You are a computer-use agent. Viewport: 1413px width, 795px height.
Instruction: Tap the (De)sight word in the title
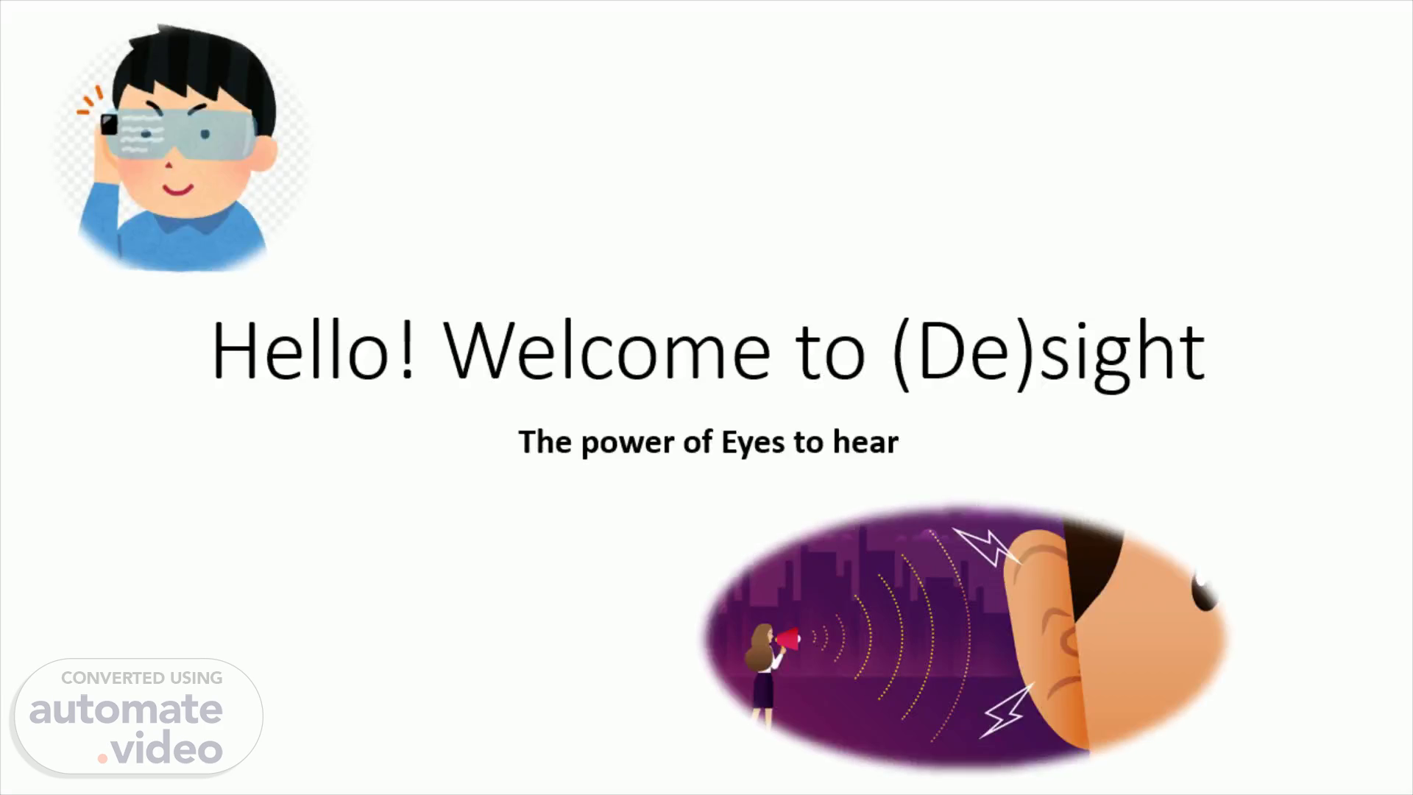[x=1048, y=355]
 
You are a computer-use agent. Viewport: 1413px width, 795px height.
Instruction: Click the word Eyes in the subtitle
[x=753, y=443]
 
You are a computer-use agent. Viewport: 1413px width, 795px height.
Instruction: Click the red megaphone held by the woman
[x=787, y=638]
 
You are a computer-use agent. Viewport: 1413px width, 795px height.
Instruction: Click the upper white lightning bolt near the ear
[x=986, y=545]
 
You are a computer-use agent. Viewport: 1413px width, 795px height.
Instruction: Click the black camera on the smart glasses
[x=109, y=124]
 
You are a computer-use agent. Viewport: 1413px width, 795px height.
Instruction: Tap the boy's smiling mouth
[x=177, y=189]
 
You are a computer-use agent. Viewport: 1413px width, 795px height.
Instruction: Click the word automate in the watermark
[x=126, y=709]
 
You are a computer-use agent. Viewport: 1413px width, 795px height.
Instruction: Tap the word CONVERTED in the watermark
[x=113, y=678]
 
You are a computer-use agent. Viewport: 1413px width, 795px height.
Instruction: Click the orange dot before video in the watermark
[x=103, y=757]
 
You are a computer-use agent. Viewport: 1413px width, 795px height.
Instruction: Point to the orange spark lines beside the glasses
[x=91, y=101]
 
